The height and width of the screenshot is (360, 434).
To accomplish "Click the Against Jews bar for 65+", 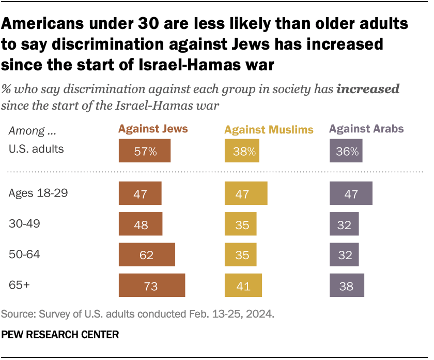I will [152, 286].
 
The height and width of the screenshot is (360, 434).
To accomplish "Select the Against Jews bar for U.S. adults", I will [144, 152].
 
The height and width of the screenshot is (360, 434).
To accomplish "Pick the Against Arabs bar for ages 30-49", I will [344, 225].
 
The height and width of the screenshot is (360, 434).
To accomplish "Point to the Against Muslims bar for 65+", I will [243, 286].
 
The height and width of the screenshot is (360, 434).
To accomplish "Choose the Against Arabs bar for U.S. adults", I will [346, 152].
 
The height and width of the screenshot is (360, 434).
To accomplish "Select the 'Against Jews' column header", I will [153, 129].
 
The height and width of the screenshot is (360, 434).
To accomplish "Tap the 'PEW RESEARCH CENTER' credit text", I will [60, 335].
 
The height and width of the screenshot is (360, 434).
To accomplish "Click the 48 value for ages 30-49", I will [140, 225].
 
